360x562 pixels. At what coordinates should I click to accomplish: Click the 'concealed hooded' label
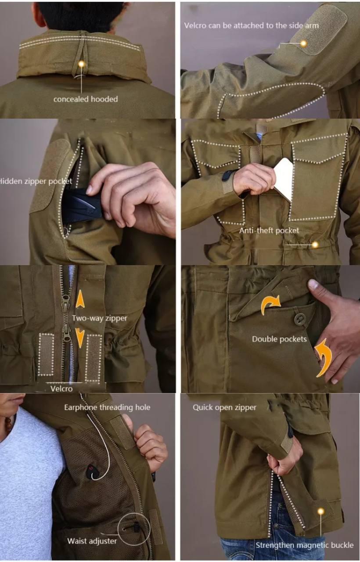click(86, 99)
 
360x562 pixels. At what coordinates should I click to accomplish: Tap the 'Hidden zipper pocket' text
click(36, 181)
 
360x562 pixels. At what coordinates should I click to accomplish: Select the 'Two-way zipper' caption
click(100, 318)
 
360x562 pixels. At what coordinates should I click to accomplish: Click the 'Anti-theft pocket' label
click(269, 231)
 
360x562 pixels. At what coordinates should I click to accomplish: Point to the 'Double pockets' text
click(279, 339)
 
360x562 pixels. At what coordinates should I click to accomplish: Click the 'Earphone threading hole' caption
click(107, 407)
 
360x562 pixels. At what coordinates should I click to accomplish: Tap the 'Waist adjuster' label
click(92, 541)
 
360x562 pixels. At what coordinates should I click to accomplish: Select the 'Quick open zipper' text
click(224, 407)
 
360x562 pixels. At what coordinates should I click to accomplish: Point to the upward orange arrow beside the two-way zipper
click(80, 299)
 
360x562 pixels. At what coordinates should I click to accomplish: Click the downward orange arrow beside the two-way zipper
click(80, 338)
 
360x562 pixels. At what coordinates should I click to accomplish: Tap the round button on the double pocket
click(299, 319)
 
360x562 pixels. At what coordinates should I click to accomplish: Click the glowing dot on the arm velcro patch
click(304, 43)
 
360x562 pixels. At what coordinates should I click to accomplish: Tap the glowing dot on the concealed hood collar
click(81, 64)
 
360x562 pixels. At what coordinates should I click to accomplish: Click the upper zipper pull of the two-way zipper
click(66, 303)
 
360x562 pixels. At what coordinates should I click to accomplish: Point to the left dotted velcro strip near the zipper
click(47, 354)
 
